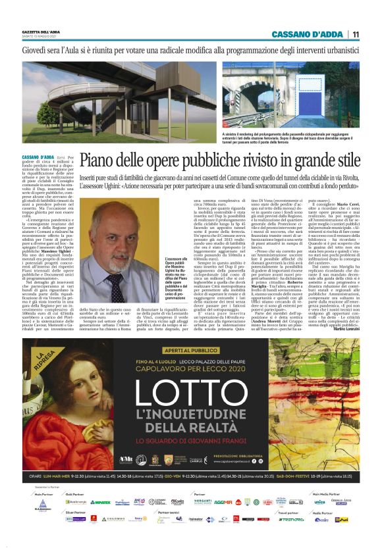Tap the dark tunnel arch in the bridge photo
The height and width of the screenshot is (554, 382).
(x=309, y=111)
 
